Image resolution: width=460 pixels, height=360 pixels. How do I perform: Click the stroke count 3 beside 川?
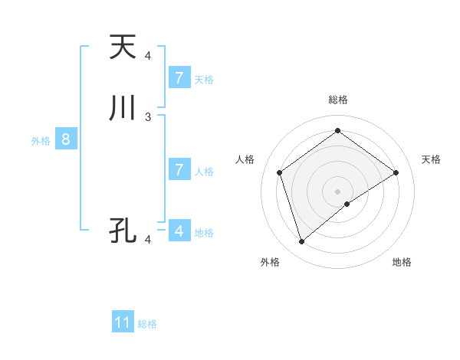[x=148, y=116]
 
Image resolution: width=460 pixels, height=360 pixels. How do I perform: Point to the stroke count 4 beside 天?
[x=148, y=56]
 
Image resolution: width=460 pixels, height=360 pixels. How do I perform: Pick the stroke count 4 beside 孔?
[x=148, y=240]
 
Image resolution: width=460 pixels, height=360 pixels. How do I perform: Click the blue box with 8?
[x=66, y=139]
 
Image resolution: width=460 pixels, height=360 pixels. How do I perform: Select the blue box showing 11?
[x=123, y=322]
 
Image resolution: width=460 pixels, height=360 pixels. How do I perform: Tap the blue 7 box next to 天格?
[x=179, y=77]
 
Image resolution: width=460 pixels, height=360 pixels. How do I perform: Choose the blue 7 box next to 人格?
[x=179, y=169]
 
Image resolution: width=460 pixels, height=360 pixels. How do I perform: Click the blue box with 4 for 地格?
[x=179, y=230]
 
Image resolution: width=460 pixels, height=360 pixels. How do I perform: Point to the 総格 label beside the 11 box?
[x=147, y=324]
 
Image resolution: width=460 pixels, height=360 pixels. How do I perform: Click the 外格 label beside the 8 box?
[x=41, y=141]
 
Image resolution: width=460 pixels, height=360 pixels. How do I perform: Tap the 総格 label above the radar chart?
[x=337, y=100]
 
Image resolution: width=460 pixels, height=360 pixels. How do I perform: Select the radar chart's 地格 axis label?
[x=402, y=262]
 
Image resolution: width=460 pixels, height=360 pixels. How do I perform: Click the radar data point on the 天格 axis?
[x=396, y=172]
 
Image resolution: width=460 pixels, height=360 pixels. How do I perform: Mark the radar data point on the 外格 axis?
[x=301, y=242]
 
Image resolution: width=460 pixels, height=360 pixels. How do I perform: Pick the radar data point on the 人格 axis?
[x=280, y=172]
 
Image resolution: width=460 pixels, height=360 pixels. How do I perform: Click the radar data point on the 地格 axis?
[x=347, y=204]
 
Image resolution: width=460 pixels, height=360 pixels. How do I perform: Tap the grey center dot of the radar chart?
[x=337, y=191]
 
